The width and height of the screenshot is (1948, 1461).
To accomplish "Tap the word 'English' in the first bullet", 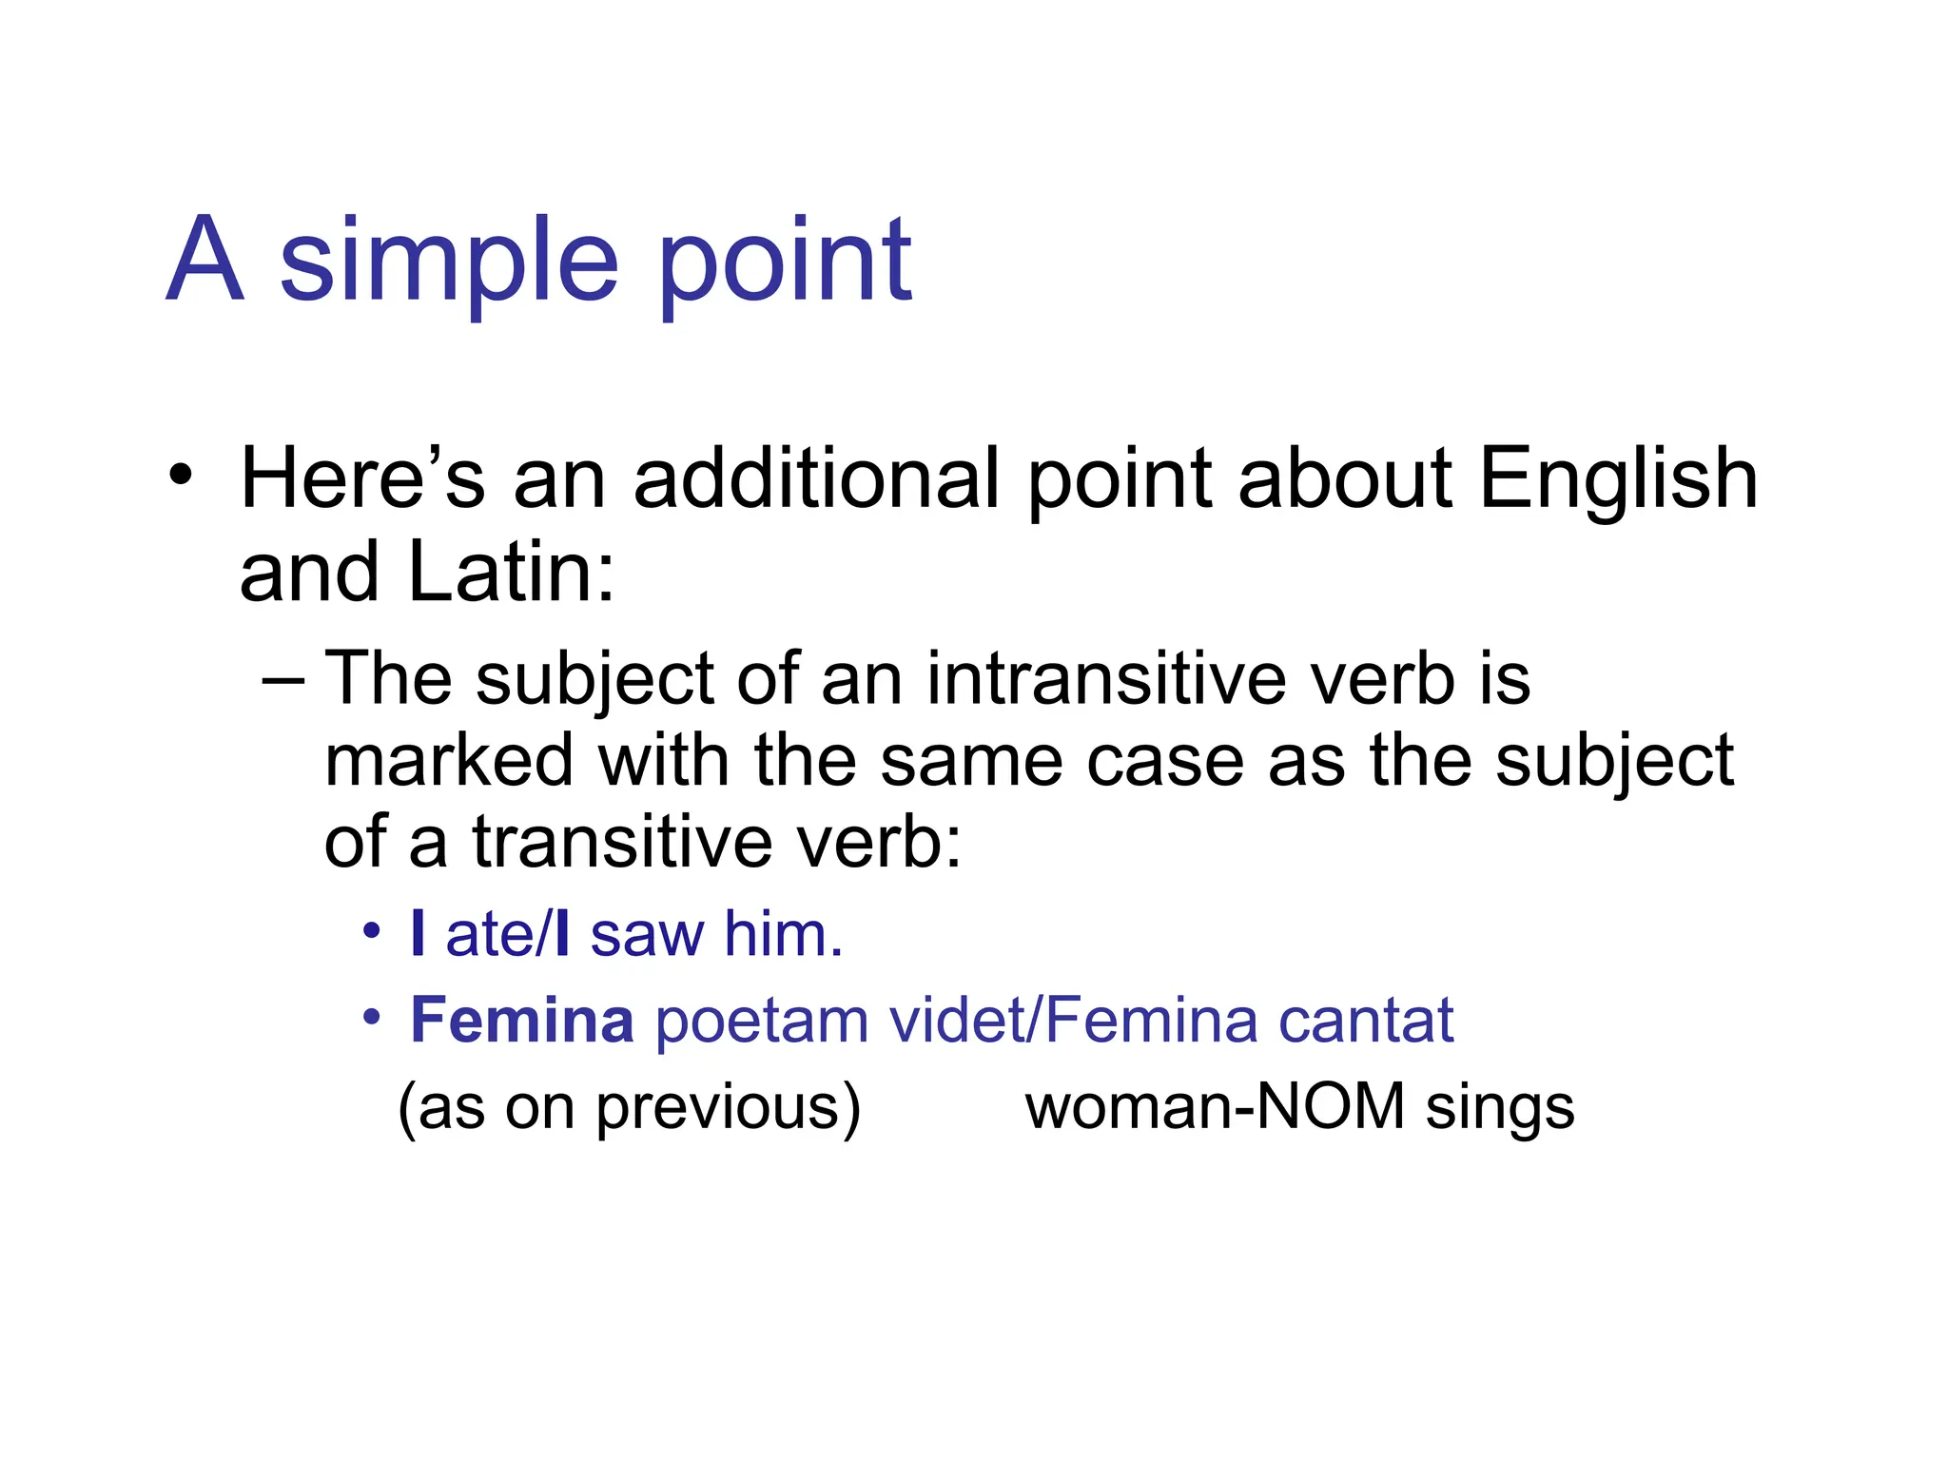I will click(x=1618, y=478).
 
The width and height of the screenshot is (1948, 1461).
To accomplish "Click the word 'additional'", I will click(x=816, y=478).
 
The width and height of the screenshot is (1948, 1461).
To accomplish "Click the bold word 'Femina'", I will click(x=521, y=1020).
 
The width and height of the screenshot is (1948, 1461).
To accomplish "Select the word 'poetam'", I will click(x=762, y=1020).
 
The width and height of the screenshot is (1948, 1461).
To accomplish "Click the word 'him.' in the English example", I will click(x=784, y=934).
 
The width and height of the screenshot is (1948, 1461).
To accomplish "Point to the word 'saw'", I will click(x=647, y=934).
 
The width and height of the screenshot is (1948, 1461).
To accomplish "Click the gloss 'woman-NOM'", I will click(x=1215, y=1106).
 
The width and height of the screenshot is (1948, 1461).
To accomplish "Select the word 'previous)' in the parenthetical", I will click(x=729, y=1108).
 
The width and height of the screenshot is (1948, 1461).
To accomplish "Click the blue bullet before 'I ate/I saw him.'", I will click(x=371, y=930).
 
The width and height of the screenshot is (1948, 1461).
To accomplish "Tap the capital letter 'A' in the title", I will click(x=205, y=259).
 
